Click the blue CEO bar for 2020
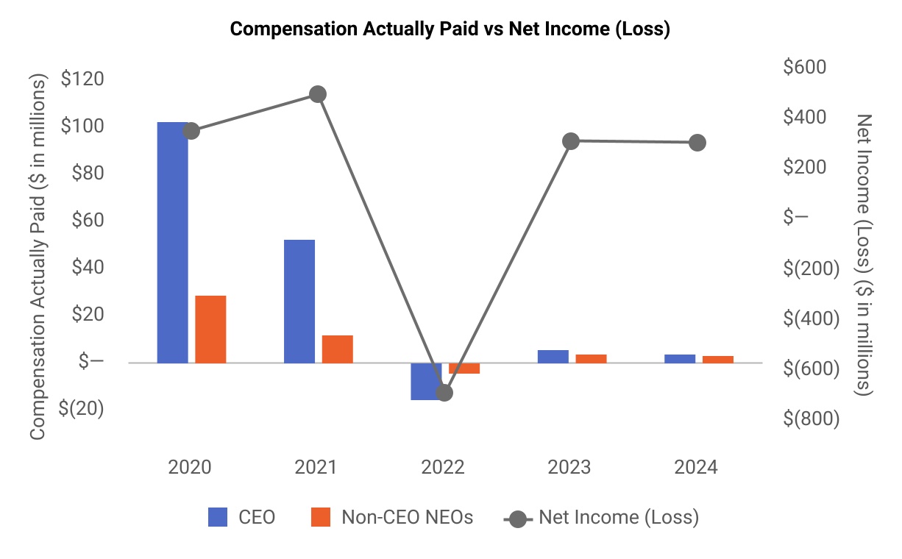coord(172,243)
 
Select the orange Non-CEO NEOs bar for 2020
coord(210,329)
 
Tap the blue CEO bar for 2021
coord(299,301)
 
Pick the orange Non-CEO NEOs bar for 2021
coord(337,349)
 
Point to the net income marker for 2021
coord(318,94)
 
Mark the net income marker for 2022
coord(444,393)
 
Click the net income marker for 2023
coord(571,141)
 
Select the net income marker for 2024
coord(697,143)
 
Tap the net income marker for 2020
coord(191,131)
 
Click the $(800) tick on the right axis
coord(811,419)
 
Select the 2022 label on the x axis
coord(443,468)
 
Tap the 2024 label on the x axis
coord(696,468)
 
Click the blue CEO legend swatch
coord(219,518)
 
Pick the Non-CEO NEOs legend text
coord(407,517)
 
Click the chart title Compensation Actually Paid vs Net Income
coord(450,29)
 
